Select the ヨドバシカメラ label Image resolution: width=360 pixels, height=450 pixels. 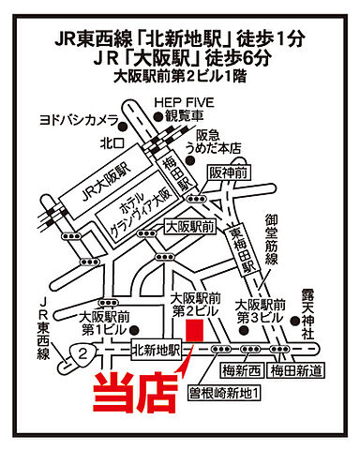point(79,120)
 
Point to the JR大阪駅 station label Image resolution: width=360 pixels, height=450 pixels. point(103,175)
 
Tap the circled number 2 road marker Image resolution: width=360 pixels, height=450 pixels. point(84,352)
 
